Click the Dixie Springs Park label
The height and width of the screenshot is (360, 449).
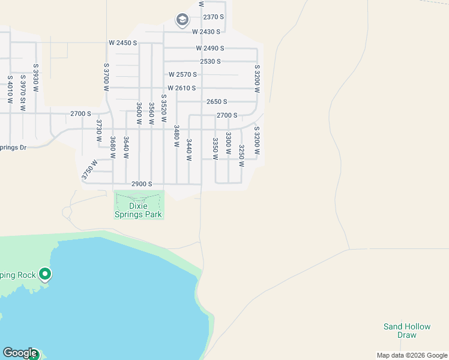click(138, 210)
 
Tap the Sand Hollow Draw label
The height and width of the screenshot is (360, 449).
click(407, 331)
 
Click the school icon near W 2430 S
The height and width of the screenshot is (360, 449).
click(182, 20)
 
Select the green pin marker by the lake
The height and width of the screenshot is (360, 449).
click(45, 275)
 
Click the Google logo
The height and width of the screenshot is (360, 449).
click(20, 353)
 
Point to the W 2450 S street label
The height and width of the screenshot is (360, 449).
click(123, 43)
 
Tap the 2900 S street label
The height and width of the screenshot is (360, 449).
click(142, 184)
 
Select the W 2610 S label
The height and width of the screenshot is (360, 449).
click(182, 88)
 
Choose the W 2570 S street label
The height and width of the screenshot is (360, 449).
click(183, 75)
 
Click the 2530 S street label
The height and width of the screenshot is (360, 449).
click(211, 61)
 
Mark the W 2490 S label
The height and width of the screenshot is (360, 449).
click(209, 48)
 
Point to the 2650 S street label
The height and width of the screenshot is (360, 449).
click(217, 102)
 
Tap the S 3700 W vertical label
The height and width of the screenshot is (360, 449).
click(106, 77)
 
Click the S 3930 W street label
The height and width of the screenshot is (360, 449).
click(36, 78)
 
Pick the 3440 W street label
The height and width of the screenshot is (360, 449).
click(189, 150)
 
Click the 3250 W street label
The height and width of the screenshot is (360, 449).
click(241, 155)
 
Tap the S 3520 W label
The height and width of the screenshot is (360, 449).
click(163, 109)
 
